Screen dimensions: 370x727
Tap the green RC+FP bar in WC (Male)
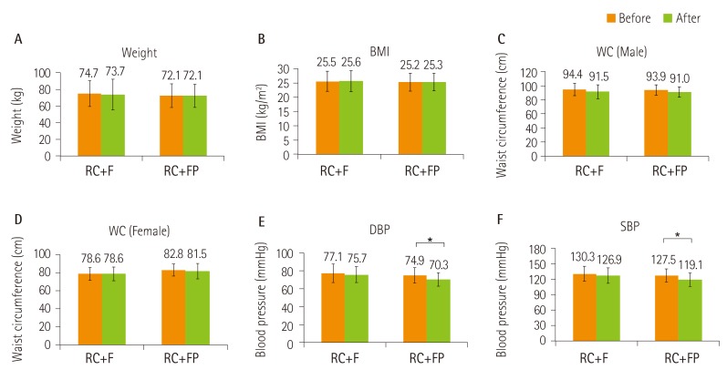pyautogui.click(x=680, y=123)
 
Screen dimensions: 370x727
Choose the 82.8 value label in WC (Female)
pyautogui.click(x=173, y=258)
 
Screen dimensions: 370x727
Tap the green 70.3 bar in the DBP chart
pyautogui.click(x=440, y=310)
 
